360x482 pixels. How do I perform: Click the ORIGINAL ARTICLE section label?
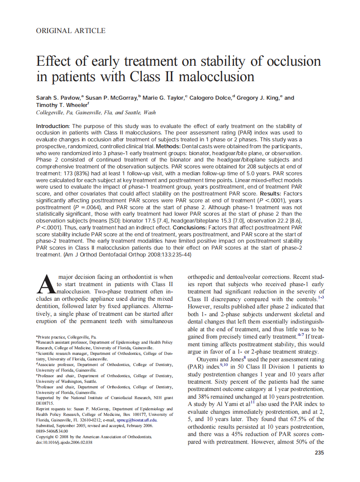pyautogui.click(x=71, y=31)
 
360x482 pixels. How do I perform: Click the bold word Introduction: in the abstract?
pyautogui.click(x=52, y=126)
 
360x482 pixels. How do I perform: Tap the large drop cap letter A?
pyautogui.click(x=46, y=284)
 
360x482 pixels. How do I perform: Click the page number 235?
pyautogui.click(x=319, y=453)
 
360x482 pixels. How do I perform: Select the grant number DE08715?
pyautogui.click(x=45, y=404)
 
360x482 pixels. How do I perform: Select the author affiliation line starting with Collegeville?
pyautogui.click(x=95, y=113)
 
